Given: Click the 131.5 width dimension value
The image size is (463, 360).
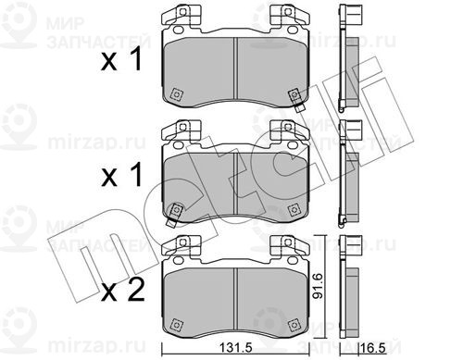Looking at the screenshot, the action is click(x=236, y=348).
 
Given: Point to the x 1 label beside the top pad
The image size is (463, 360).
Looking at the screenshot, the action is click(x=121, y=59).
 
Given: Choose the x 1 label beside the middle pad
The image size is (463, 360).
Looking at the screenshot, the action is click(x=121, y=175).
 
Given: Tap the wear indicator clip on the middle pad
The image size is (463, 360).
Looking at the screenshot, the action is click(x=174, y=215).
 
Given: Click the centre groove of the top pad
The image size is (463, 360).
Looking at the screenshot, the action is click(x=235, y=68).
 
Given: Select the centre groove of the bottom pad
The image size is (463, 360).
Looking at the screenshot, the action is click(x=235, y=298).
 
